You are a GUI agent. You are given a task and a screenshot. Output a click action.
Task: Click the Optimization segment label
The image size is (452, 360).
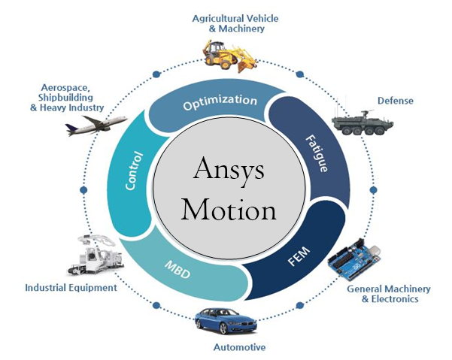pyautogui.click(x=220, y=101)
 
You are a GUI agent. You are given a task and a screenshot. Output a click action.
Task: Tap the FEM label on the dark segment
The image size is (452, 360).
pyautogui.click(x=299, y=256)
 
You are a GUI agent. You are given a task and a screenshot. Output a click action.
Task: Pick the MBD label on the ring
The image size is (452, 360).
pyautogui.click(x=177, y=270)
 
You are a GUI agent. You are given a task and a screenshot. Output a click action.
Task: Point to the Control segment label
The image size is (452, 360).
pyautogui.click(x=134, y=171)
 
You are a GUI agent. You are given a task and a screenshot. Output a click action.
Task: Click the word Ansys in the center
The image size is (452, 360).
pyautogui.click(x=229, y=171)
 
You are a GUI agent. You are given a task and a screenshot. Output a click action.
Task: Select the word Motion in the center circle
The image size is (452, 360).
pyautogui.click(x=229, y=210)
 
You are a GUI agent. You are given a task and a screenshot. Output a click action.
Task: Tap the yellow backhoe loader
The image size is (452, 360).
pyautogui.click(x=229, y=56)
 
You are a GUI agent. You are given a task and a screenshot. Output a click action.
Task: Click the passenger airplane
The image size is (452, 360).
pyautogui.click(x=96, y=126)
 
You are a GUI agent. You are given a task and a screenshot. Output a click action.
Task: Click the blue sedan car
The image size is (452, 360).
pyautogui.click(x=226, y=321)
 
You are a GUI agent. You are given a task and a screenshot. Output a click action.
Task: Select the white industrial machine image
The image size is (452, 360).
pyautogui.click(x=96, y=256)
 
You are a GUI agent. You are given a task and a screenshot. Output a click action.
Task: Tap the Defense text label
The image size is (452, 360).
pyautogui.click(x=395, y=101)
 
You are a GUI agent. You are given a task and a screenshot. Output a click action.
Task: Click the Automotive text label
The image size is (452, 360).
pyautogui.click(x=240, y=347)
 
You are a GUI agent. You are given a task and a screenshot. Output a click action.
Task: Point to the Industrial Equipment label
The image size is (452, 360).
pyautogui.click(x=71, y=287)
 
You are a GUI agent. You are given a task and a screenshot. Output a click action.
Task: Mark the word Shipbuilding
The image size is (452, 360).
pyautogui.click(x=65, y=98)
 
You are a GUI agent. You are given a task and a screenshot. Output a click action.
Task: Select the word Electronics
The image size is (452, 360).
pyautogui.click(x=395, y=299)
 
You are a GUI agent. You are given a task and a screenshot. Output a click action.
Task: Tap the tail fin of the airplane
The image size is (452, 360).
pyautogui.click(x=70, y=128)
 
